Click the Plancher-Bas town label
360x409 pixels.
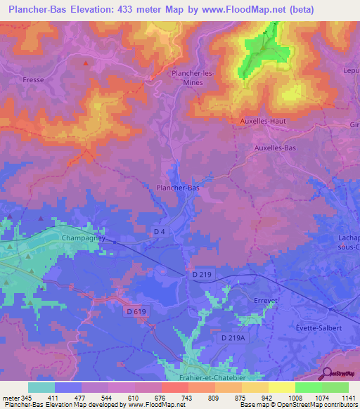[177, 188]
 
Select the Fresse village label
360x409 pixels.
[33, 80]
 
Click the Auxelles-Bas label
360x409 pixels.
[275, 148]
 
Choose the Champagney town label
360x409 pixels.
[83, 238]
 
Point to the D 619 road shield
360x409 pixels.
[137, 311]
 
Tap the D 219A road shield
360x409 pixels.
[232, 338]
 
